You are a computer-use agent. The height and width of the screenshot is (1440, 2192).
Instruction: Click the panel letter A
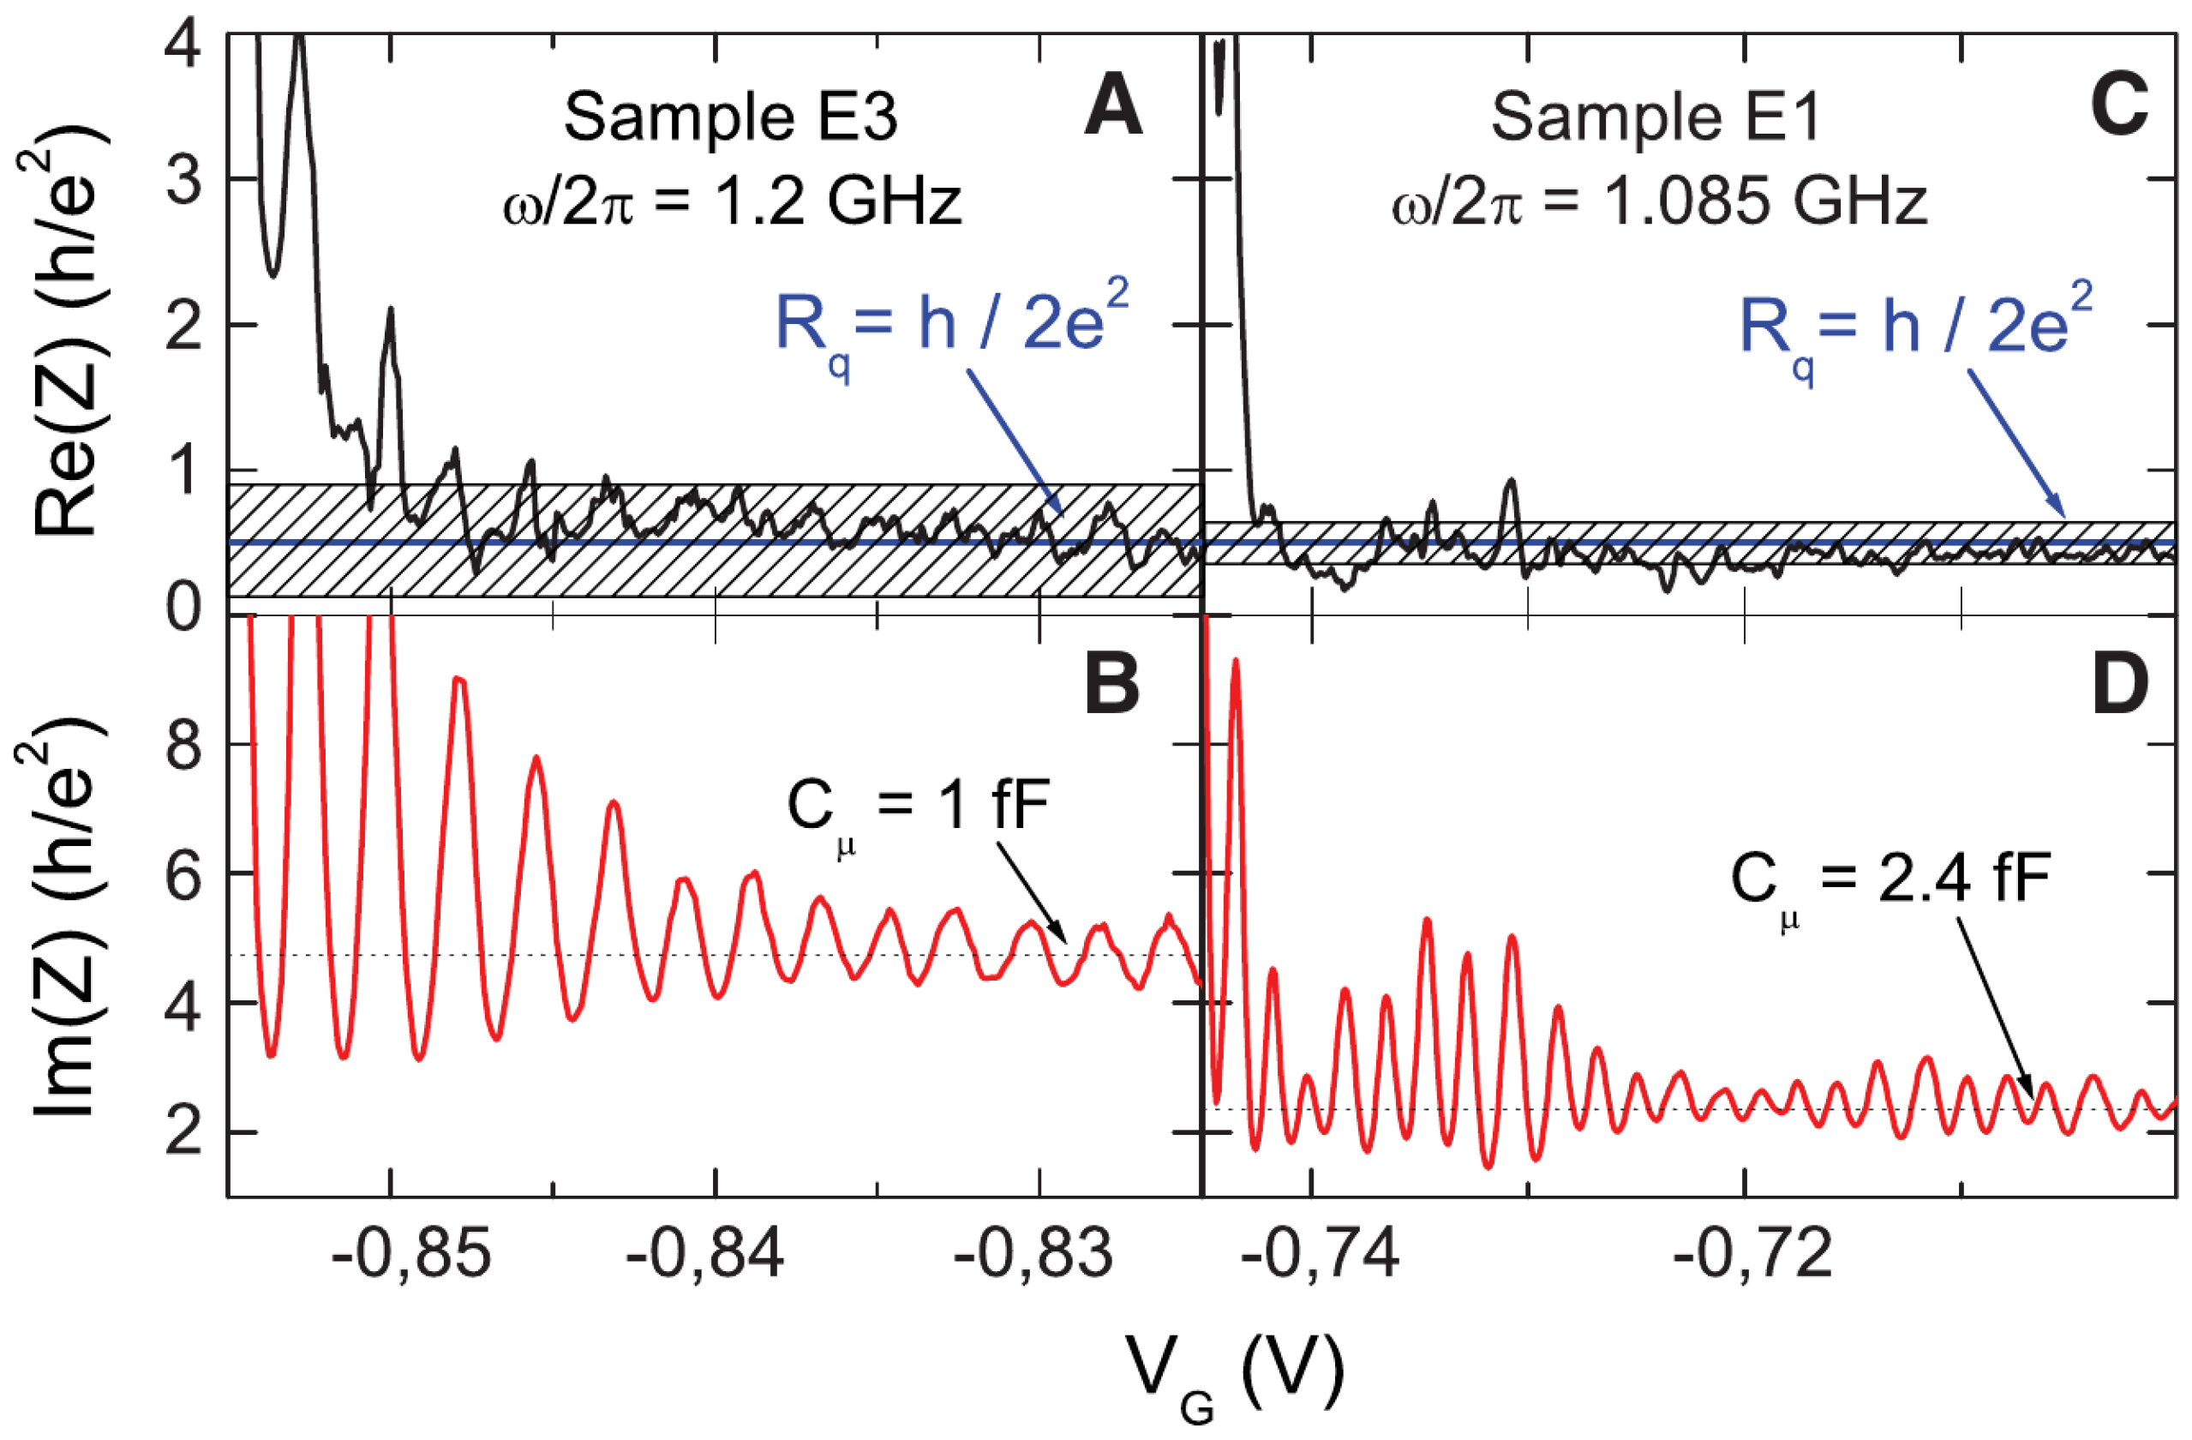pos(1113,107)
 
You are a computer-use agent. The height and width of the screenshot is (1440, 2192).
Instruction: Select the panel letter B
pos(1112,687)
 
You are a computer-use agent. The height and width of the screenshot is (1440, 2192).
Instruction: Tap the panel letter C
pos(2119,107)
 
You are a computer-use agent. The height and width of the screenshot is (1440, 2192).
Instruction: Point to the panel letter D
pos(2119,687)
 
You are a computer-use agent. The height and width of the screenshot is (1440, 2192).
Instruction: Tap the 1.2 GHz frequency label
pos(732,201)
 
